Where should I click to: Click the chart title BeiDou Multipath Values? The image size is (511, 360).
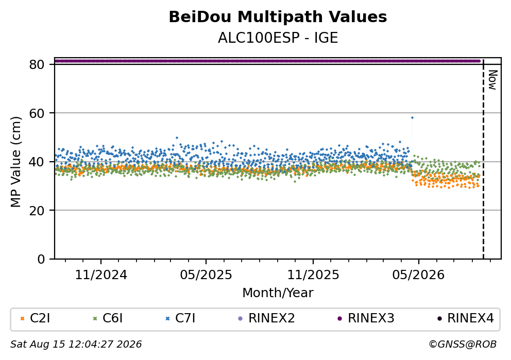[x=278, y=17]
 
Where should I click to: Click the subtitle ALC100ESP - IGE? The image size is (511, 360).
[x=278, y=38]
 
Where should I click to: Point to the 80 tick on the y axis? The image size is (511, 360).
[x=37, y=64]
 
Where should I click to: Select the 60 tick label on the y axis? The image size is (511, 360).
[x=37, y=113]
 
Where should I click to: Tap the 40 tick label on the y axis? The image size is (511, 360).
[x=37, y=162]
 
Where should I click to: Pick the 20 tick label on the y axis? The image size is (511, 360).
[x=37, y=211]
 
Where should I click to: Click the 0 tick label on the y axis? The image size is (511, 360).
[x=41, y=259]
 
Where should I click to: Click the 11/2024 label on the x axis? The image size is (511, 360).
[x=101, y=275]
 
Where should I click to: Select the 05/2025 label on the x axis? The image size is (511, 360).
[x=206, y=275]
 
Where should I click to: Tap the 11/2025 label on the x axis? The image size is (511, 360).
[x=313, y=275]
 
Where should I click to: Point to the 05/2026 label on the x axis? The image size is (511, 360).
[x=418, y=275]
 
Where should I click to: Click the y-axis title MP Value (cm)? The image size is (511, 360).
[x=15, y=162]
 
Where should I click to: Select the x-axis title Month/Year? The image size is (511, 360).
[x=278, y=293]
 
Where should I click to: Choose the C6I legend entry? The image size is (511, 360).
[x=108, y=318]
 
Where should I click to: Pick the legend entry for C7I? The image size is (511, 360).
[x=180, y=318]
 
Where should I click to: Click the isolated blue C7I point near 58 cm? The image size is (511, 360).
[x=412, y=117]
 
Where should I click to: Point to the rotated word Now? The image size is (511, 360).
[x=492, y=80]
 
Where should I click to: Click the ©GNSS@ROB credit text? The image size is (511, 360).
[x=463, y=345]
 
